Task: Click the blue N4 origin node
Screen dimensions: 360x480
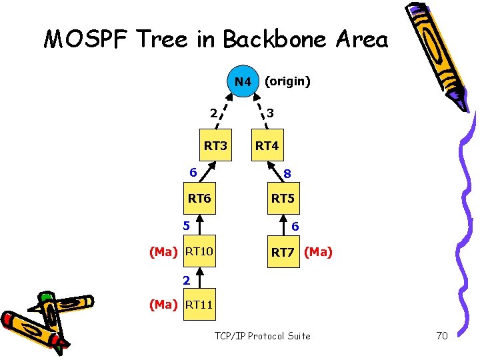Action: click(243, 81)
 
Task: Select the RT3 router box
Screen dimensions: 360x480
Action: click(215, 145)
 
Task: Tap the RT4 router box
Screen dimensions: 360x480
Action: click(267, 145)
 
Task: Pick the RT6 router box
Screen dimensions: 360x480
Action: click(199, 198)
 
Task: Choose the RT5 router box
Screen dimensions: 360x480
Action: click(283, 198)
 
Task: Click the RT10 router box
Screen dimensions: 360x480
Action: click(199, 251)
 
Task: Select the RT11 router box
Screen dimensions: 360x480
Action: click(199, 305)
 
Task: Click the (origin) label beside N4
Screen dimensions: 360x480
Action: click(287, 81)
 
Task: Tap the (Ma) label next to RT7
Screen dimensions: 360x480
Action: click(318, 252)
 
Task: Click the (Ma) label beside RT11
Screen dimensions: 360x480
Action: click(163, 305)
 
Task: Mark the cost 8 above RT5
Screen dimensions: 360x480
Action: click(287, 175)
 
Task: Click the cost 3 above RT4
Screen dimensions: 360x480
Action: click(269, 113)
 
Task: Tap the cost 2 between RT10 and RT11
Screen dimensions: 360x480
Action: click(188, 279)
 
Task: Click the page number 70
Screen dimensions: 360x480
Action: click(442, 335)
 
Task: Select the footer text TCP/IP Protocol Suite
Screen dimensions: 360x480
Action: click(262, 335)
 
